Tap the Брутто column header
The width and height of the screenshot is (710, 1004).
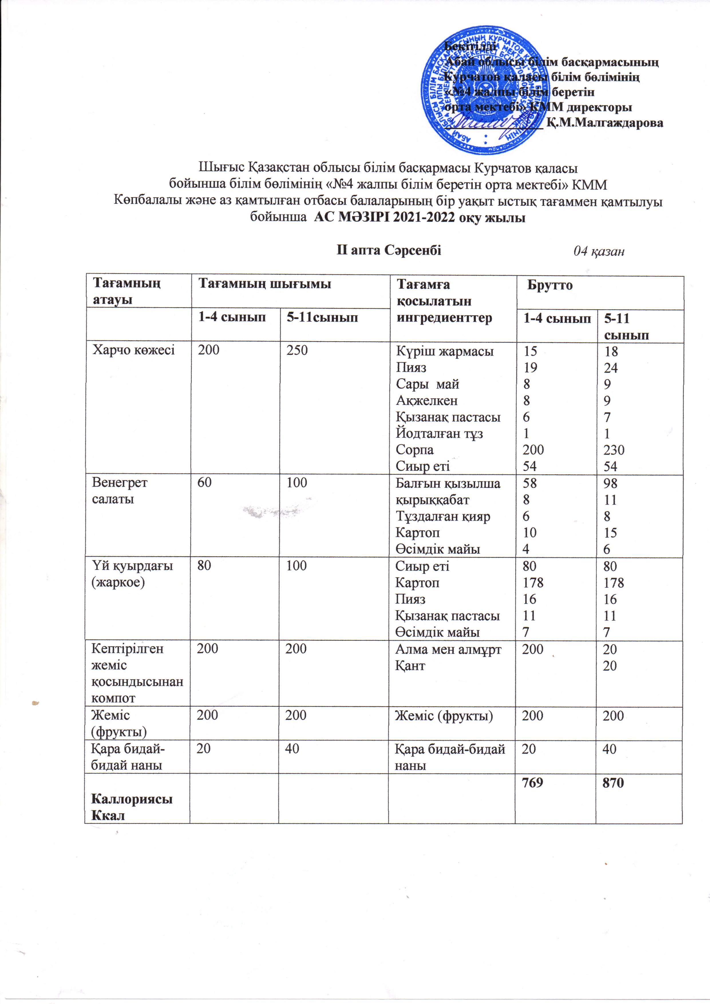(550, 286)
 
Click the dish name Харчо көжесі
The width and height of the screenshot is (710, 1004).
(133, 350)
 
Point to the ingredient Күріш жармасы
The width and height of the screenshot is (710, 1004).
(444, 351)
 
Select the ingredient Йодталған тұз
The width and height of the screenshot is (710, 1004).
(439, 433)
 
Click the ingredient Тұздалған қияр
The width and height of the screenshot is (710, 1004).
(443, 516)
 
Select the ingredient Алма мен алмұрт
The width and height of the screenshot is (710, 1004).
(448, 649)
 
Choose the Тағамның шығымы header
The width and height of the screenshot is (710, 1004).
(265, 284)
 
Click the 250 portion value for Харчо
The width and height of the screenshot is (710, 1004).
(297, 350)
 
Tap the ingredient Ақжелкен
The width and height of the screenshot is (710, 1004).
(426, 401)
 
